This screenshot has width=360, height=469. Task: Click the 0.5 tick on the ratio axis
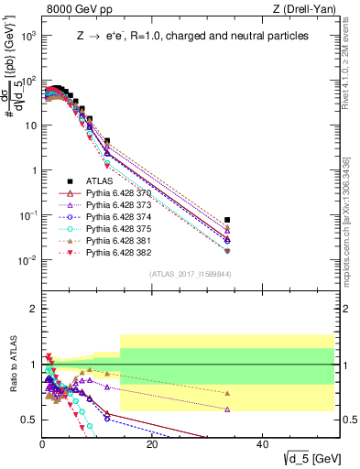[x=29, y=420]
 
